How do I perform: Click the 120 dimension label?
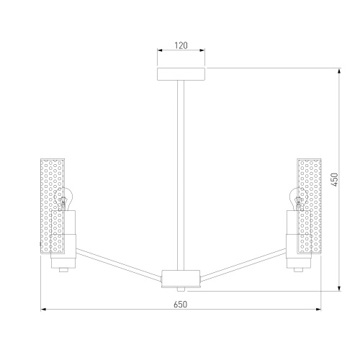[181, 45]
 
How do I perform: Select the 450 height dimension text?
[335, 179]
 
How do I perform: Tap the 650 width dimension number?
[180, 305]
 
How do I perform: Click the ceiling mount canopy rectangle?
[181, 74]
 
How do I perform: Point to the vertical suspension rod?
[181, 175]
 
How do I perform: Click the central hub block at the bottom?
[181, 279]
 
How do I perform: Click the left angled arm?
[119, 264]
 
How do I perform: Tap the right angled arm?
[243, 264]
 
